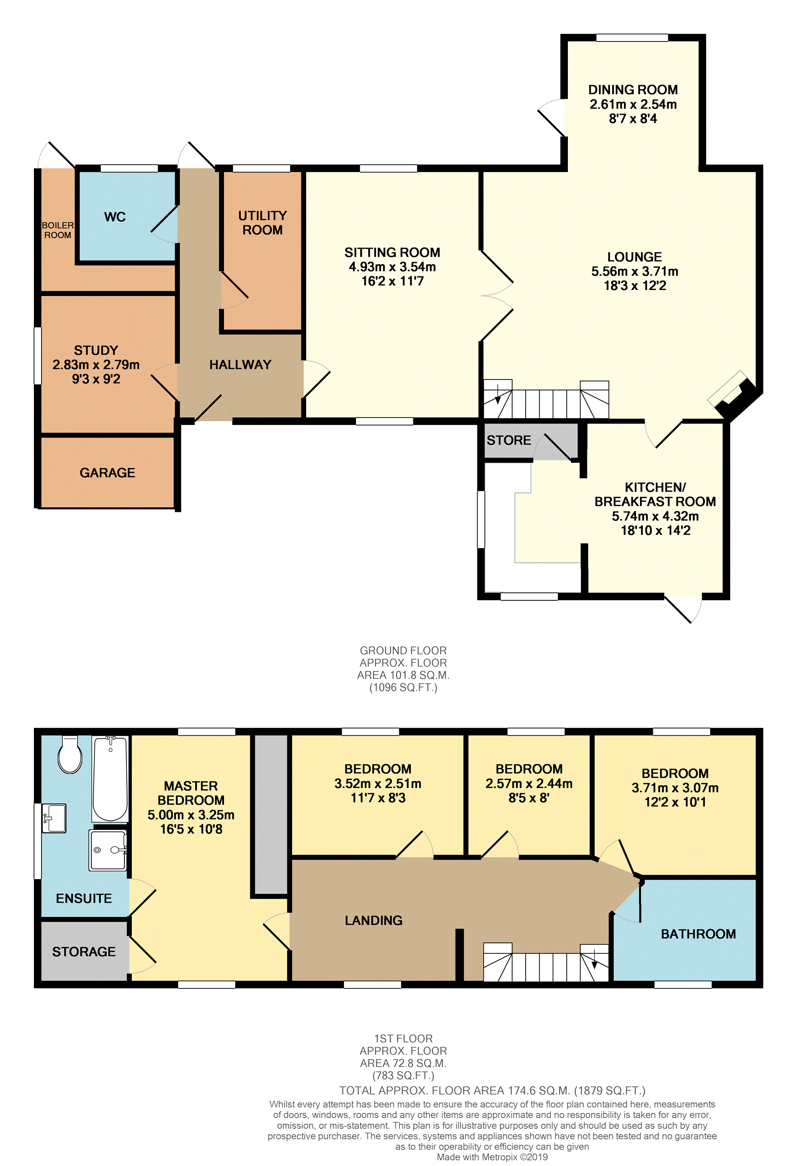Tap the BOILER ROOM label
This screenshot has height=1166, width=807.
point(58,230)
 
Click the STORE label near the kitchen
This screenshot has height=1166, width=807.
point(509,440)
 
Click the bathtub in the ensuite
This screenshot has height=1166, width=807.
point(110,779)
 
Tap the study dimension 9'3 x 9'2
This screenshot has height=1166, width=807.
point(96,379)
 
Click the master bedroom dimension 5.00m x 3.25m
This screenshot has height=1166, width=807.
point(191,815)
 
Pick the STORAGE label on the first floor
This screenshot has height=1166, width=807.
point(84,952)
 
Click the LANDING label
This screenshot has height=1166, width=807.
point(374,920)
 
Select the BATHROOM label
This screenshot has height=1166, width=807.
point(698,934)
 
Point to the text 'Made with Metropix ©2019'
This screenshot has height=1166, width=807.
point(492,1157)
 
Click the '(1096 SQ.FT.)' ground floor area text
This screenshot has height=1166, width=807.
point(403,687)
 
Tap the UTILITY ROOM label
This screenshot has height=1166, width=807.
point(263,223)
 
